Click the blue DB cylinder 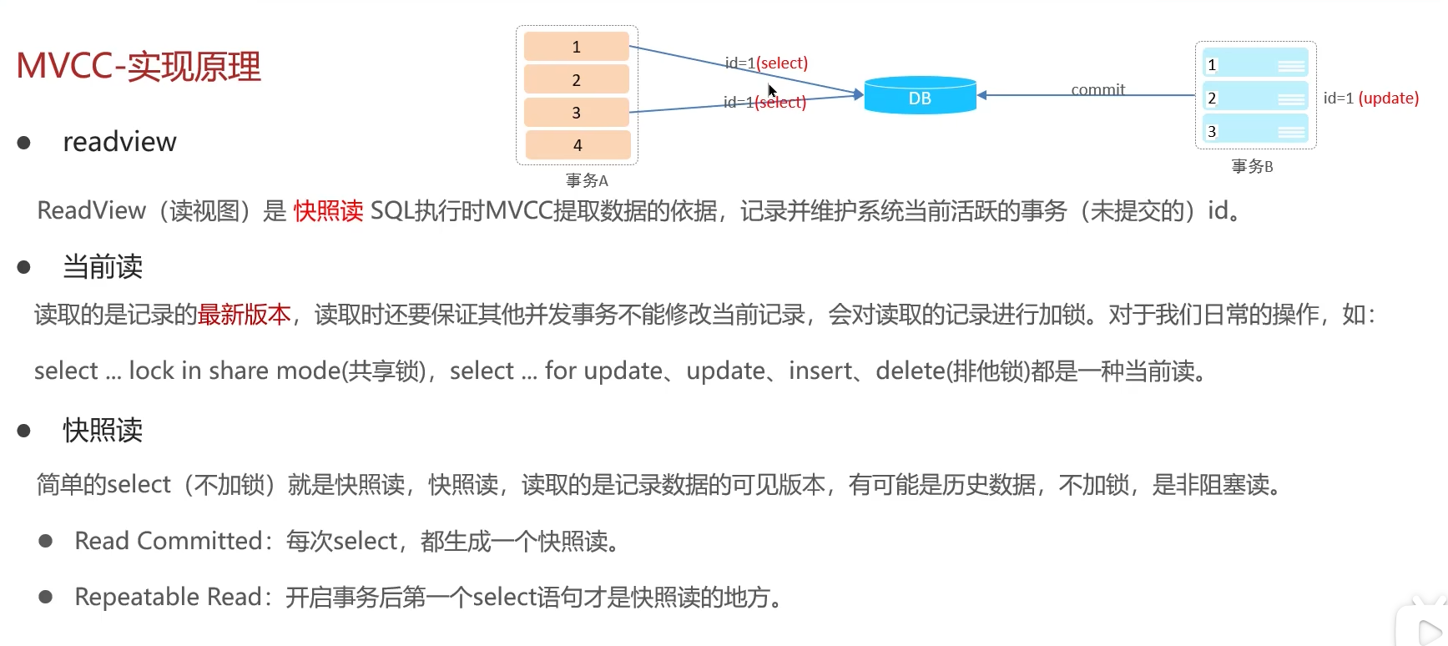[x=920, y=96]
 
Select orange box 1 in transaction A [x=576, y=47]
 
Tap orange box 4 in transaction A [x=577, y=145]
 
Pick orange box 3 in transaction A [x=576, y=113]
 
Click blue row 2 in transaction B [x=1255, y=98]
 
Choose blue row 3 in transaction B [x=1255, y=131]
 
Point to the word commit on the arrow [x=1097, y=89]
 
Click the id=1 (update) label [x=1370, y=98]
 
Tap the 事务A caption [x=587, y=180]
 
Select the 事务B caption [x=1252, y=166]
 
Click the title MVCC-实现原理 [x=139, y=66]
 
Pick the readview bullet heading [x=119, y=142]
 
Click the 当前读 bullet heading [x=103, y=267]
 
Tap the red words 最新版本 [x=245, y=315]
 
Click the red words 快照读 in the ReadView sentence [x=328, y=211]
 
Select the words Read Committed [x=169, y=541]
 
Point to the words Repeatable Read [x=169, y=597]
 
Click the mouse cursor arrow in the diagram [x=772, y=90]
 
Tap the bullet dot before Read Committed [x=46, y=541]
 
